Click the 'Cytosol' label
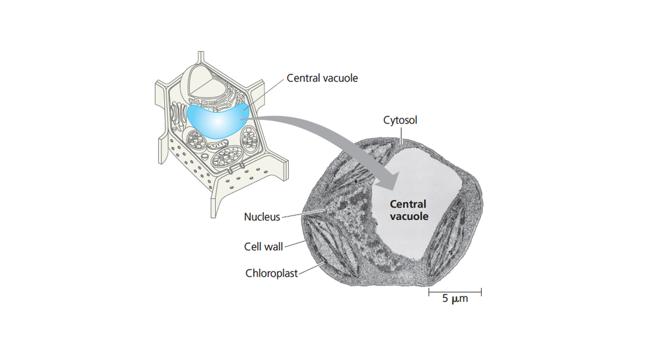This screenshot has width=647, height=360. (x=400, y=120)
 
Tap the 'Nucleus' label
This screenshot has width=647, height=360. (x=262, y=217)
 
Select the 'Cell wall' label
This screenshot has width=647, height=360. (x=263, y=247)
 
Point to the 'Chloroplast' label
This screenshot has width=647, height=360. (x=271, y=273)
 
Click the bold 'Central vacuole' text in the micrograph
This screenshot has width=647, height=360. (x=409, y=210)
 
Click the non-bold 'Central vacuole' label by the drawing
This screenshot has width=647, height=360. (x=322, y=78)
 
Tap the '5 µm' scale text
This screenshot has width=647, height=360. (x=455, y=298)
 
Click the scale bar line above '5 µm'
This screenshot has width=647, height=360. (x=455, y=292)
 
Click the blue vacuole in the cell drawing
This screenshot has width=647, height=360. (x=217, y=121)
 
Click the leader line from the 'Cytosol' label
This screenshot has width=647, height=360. (x=401, y=136)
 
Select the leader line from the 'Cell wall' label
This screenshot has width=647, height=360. (x=295, y=244)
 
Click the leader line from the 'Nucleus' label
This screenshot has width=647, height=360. (x=304, y=213)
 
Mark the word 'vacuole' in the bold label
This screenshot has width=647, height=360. (x=409, y=217)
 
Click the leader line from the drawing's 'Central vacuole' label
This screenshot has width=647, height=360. (x=264, y=95)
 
